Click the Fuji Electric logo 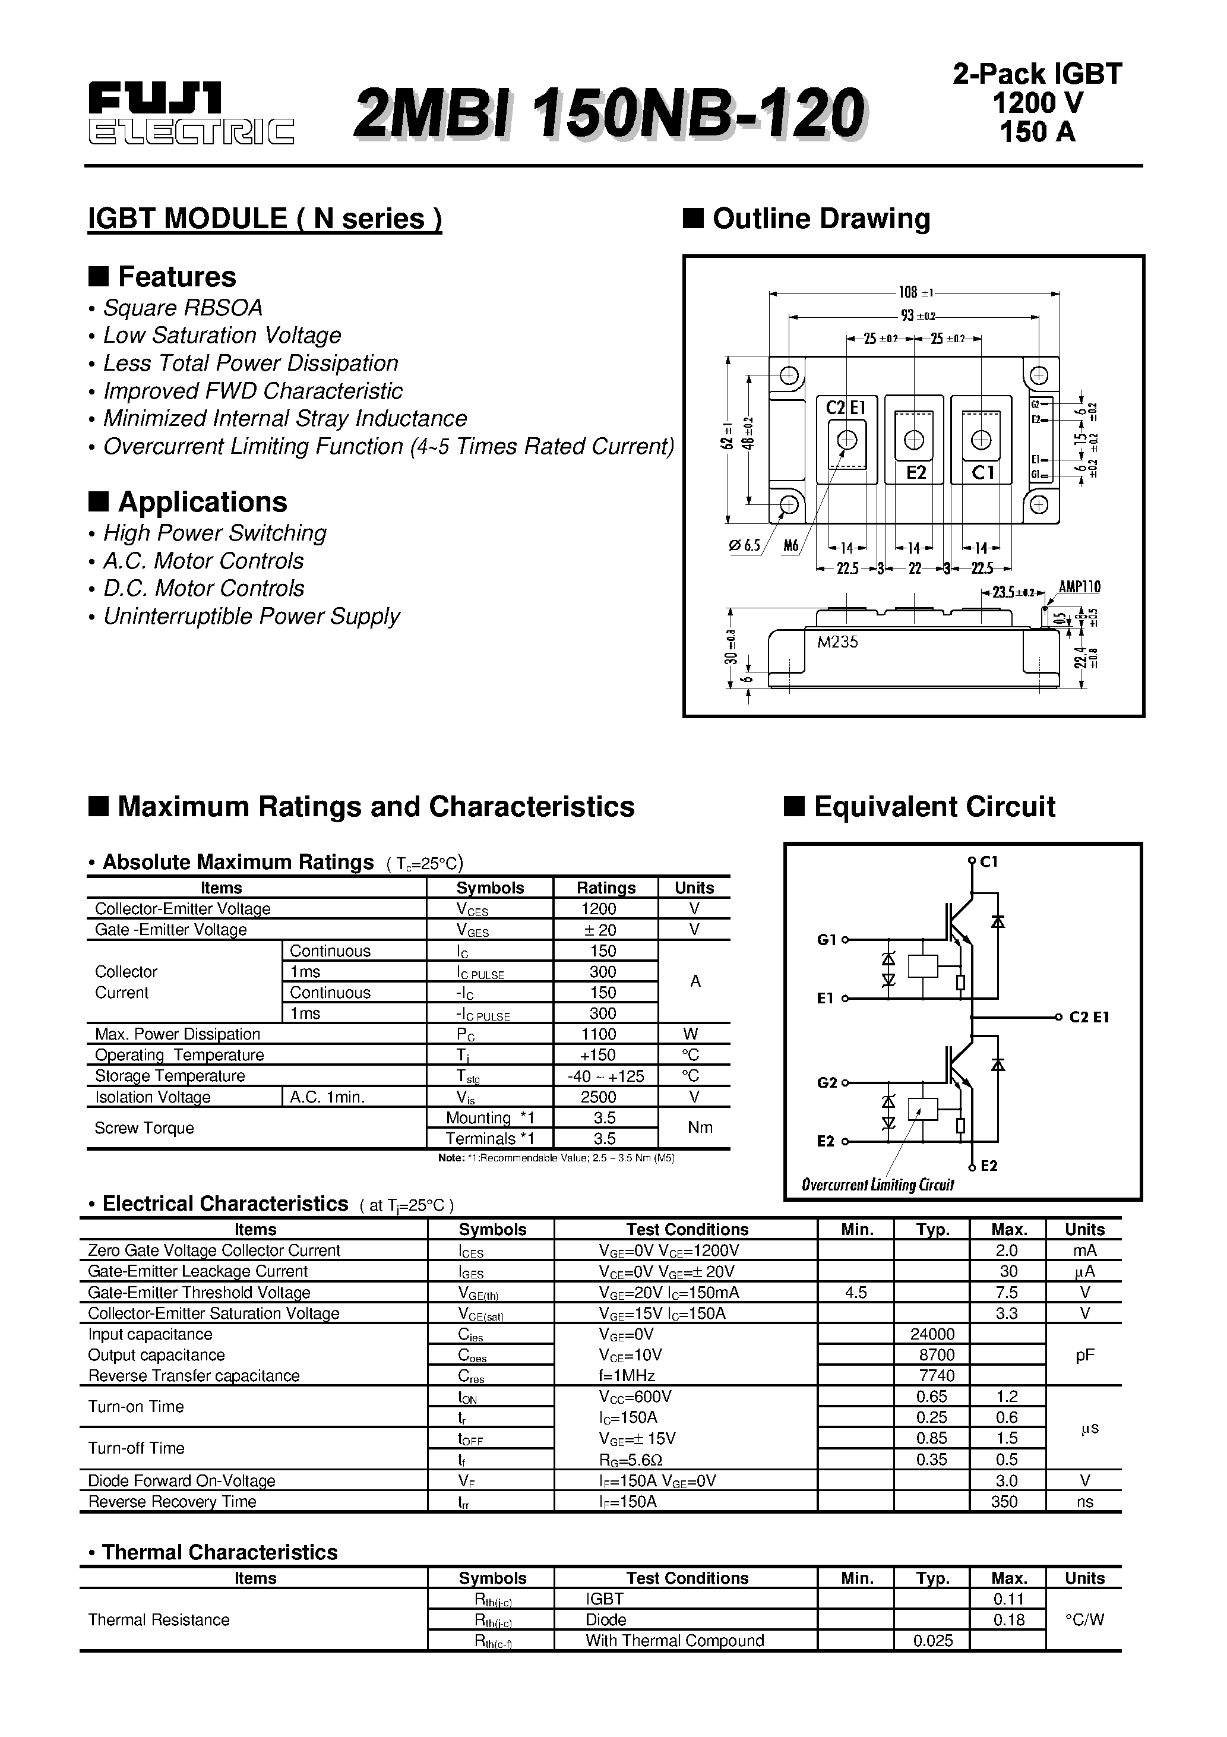(191, 114)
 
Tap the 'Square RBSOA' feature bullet (182, 308)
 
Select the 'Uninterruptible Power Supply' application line (251, 617)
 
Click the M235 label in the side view (837, 642)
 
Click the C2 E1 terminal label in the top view (846, 408)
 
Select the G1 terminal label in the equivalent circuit (826, 940)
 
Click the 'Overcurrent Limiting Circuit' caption (878, 1185)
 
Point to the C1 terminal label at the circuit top (989, 861)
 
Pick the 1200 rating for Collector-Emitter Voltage (599, 908)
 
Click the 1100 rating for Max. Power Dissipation (599, 1034)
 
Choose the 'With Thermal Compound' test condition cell (675, 1640)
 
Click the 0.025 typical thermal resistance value (932, 1640)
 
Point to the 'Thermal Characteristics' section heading (219, 1552)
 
